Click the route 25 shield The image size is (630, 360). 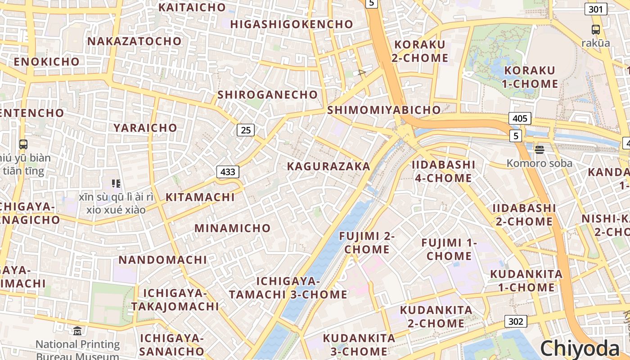point(246,130)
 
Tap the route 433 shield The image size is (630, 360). point(228,171)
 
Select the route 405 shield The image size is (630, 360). point(520,118)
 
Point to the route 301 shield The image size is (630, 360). point(596,9)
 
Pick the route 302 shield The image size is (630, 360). point(516,321)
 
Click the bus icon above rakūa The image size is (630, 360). point(596,30)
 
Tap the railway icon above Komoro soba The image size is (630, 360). point(539,149)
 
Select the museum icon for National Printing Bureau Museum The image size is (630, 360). point(77,331)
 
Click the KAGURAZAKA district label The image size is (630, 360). point(328,166)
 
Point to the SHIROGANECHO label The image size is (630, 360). point(268,95)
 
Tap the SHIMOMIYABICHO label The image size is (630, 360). point(384,110)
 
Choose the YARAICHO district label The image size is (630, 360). point(145,128)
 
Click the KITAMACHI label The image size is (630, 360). point(200,197)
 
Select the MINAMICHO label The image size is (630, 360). point(233,228)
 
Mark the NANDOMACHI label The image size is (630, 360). point(163,260)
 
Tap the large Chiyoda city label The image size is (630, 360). point(580,348)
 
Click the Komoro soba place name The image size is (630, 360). point(540,163)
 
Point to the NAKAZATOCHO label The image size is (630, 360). point(135,41)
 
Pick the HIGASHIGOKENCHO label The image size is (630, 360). point(292,24)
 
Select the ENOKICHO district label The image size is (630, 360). point(47,62)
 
